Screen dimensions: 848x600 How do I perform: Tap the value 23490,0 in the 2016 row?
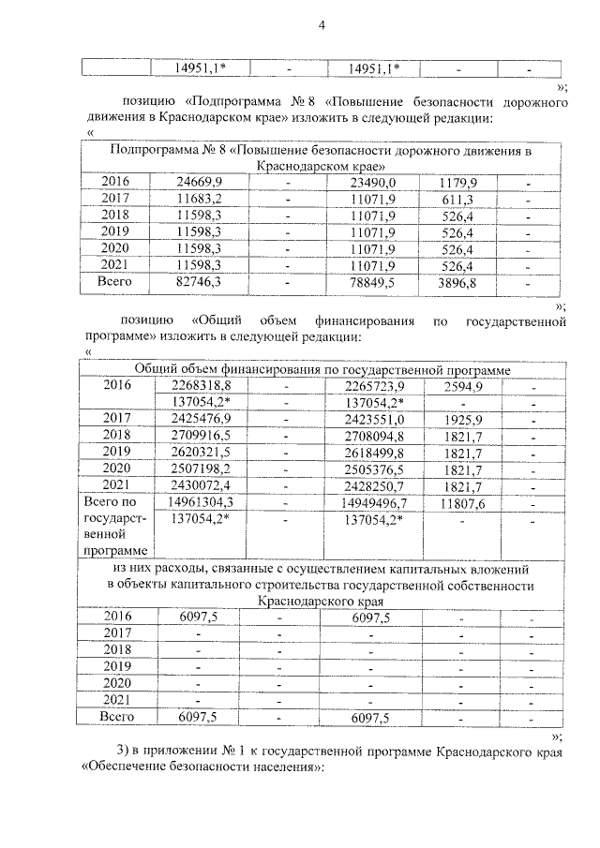click(x=372, y=181)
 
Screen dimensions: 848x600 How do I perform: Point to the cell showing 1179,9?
click(x=455, y=181)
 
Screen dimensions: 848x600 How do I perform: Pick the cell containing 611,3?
click(x=455, y=198)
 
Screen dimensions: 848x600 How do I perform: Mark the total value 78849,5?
click(x=372, y=281)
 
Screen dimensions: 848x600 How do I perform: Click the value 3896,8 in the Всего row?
click(x=455, y=281)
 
